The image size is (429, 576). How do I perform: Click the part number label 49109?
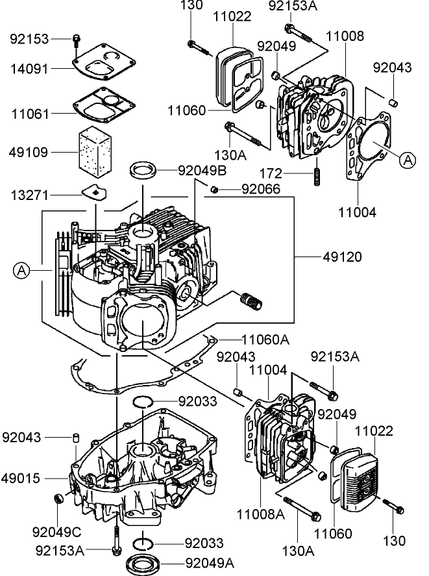[x=30, y=153]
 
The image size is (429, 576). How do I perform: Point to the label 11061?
[x=30, y=113]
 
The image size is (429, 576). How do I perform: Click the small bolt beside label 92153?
[x=77, y=39]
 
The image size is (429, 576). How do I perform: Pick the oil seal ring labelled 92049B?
[x=145, y=171]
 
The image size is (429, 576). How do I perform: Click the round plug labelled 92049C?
[x=58, y=498]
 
